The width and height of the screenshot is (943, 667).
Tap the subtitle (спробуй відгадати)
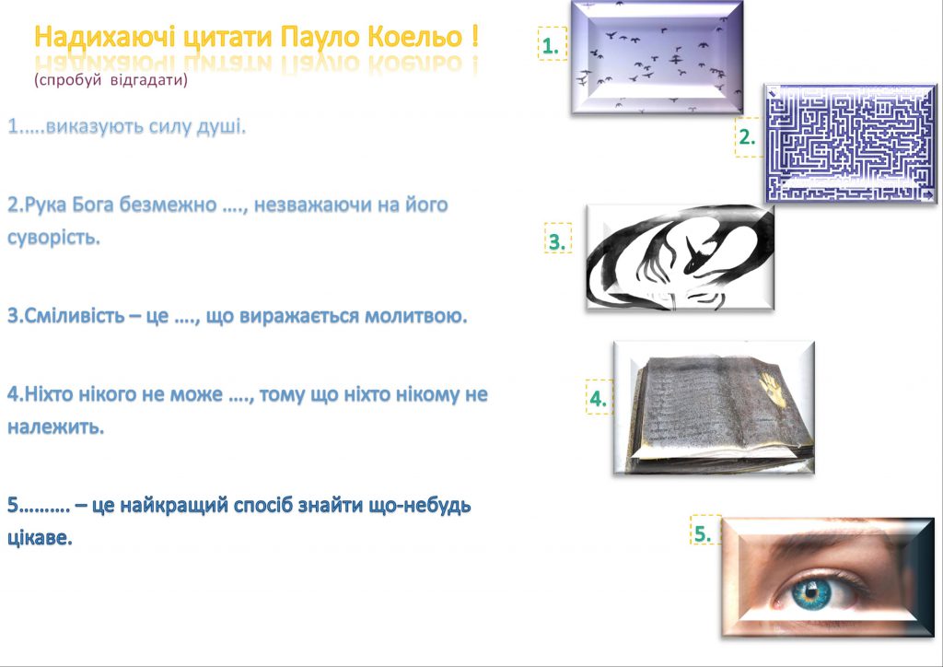coord(111,80)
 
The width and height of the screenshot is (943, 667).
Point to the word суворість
coord(52,239)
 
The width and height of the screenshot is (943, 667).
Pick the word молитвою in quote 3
coord(420,317)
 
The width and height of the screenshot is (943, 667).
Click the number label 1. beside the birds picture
coord(552,45)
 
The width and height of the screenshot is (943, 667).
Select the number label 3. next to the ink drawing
coord(557,241)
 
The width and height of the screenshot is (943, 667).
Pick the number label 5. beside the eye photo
coord(704,532)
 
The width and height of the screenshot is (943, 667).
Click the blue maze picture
coord(850,143)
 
